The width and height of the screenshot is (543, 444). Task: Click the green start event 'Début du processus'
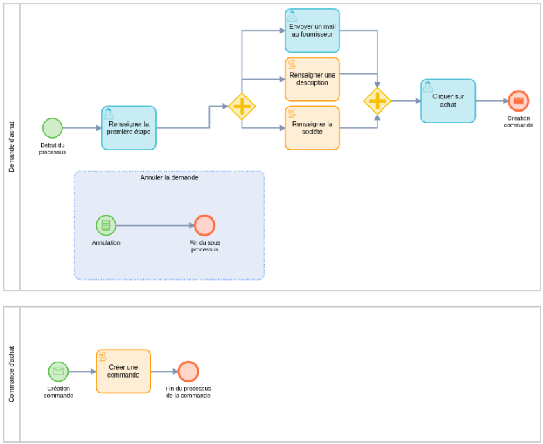point(53,128)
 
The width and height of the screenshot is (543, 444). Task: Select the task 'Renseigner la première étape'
point(129,128)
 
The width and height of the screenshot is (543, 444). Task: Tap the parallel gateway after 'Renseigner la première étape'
point(242,106)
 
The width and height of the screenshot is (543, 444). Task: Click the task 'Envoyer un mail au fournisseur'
point(312,30)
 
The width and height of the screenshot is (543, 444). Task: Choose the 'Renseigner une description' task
point(312,79)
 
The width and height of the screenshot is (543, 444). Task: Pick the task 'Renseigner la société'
point(312,128)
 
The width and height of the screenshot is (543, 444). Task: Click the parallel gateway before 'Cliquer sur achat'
point(377,101)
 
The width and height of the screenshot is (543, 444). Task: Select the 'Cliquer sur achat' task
point(448,101)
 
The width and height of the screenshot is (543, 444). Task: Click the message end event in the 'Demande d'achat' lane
point(518,101)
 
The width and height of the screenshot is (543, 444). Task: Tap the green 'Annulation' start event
point(106,225)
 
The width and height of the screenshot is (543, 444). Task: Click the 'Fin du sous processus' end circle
point(204,225)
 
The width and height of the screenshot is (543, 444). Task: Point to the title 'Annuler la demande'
point(169,178)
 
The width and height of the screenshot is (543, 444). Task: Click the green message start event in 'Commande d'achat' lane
point(58,371)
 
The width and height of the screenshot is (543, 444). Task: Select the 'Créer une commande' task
point(123,371)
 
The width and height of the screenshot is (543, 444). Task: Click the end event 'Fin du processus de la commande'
point(188,371)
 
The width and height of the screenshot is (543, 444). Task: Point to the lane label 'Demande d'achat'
point(12,147)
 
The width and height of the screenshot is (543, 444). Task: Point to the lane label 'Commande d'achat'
point(12,374)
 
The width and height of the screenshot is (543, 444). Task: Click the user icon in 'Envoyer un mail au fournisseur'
point(292,16)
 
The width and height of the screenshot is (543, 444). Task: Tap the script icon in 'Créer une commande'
point(103,357)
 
